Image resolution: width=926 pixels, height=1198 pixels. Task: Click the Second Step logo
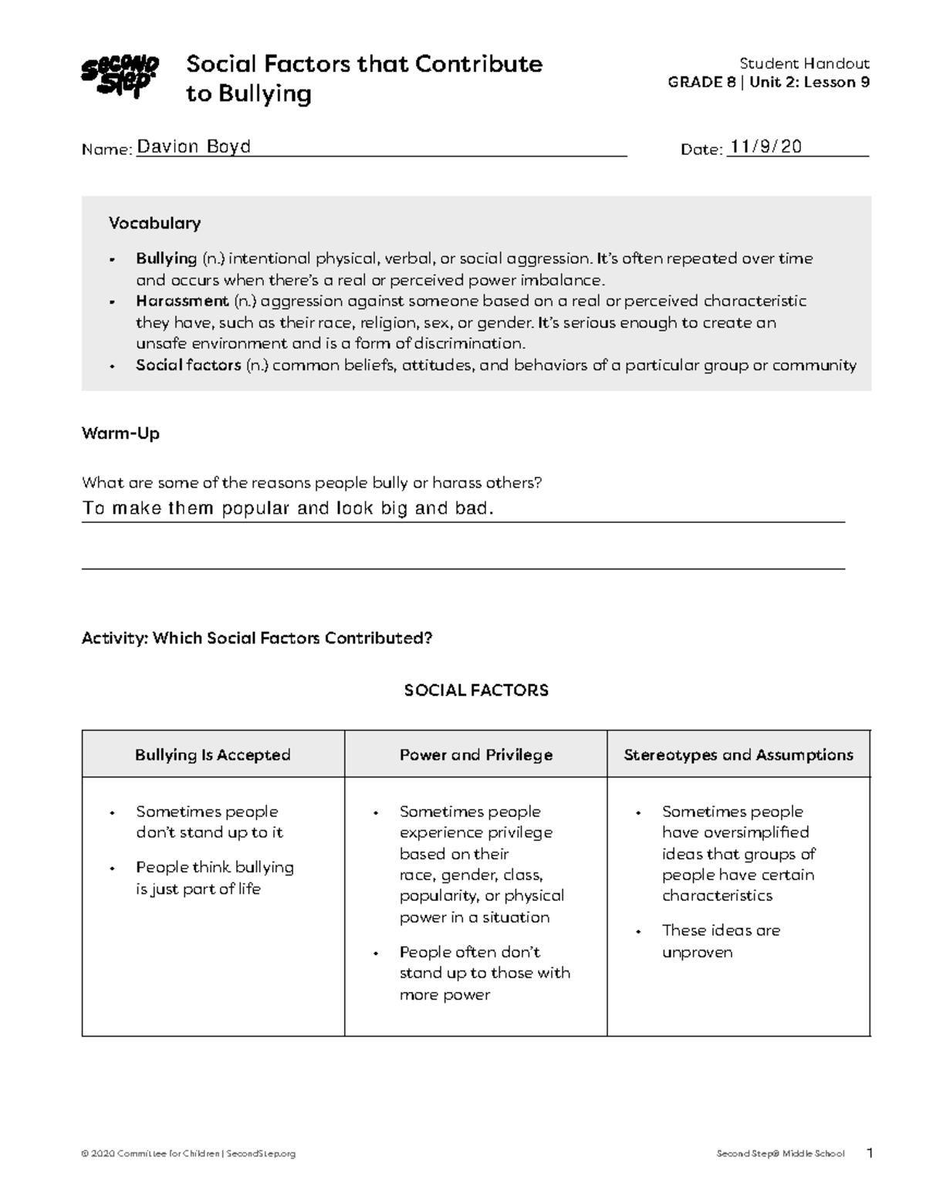pyautogui.click(x=120, y=76)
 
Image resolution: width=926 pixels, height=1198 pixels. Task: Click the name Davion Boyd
pyautogui.click(x=194, y=147)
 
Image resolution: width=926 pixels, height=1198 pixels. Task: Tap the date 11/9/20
pyautogui.click(x=765, y=147)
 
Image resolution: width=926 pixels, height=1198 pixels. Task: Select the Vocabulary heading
pyautogui.click(x=154, y=224)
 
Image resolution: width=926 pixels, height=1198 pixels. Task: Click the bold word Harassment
pyautogui.click(x=182, y=301)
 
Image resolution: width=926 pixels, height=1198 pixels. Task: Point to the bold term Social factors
pyautogui.click(x=188, y=366)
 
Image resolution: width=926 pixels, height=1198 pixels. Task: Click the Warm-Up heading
pyautogui.click(x=120, y=434)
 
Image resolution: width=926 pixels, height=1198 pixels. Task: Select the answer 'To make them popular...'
pyautogui.click(x=287, y=508)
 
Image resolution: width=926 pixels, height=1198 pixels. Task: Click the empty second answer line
pyautogui.click(x=463, y=559)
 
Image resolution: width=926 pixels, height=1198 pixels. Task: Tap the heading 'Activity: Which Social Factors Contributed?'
pyautogui.click(x=257, y=639)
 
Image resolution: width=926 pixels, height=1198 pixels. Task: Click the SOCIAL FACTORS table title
pyautogui.click(x=476, y=690)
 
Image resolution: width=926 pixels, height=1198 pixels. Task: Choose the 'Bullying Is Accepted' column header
pyautogui.click(x=213, y=755)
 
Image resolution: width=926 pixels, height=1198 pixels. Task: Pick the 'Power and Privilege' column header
pyautogui.click(x=476, y=755)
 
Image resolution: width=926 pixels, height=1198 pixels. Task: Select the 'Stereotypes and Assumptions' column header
pyautogui.click(x=738, y=755)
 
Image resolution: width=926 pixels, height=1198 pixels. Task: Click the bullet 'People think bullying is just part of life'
pyautogui.click(x=215, y=878)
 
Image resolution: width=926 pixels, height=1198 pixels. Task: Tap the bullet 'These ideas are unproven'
pyautogui.click(x=721, y=941)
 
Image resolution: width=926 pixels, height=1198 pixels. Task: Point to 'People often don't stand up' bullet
pyautogui.click(x=485, y=973)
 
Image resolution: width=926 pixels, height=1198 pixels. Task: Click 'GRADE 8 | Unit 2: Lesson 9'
pyautogui.click(x=769, y=83)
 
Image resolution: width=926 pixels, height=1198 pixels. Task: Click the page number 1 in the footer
pyautogui.click(x=870, y=1154)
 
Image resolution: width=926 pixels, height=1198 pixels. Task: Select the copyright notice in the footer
pyautogui.click(x=189, y=1154)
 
